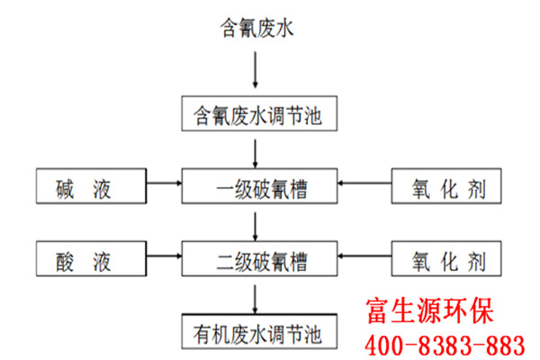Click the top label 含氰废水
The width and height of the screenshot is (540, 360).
(x=256, y=28)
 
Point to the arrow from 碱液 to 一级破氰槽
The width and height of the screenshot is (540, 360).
(x=164, y=184)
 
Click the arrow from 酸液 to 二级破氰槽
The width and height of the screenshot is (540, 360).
(x=164, y=256)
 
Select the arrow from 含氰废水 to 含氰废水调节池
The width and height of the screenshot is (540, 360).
(x=256, y=70)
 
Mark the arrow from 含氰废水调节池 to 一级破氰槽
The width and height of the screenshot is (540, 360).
(x=256, y=154)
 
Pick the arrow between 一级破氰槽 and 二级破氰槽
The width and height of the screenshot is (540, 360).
(x=256, y=226)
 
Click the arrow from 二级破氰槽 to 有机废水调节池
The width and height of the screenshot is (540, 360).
(x=256, y=299)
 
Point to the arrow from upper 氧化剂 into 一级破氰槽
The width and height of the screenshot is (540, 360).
(x=364, y=184)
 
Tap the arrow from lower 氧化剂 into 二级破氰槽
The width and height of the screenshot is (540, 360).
(x=364, y=256)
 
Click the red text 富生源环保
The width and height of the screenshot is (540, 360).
(x=429, y=311)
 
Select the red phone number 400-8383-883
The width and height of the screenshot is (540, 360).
(x=445, y=346)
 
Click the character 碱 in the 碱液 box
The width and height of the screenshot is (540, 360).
(x=65, y=189)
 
